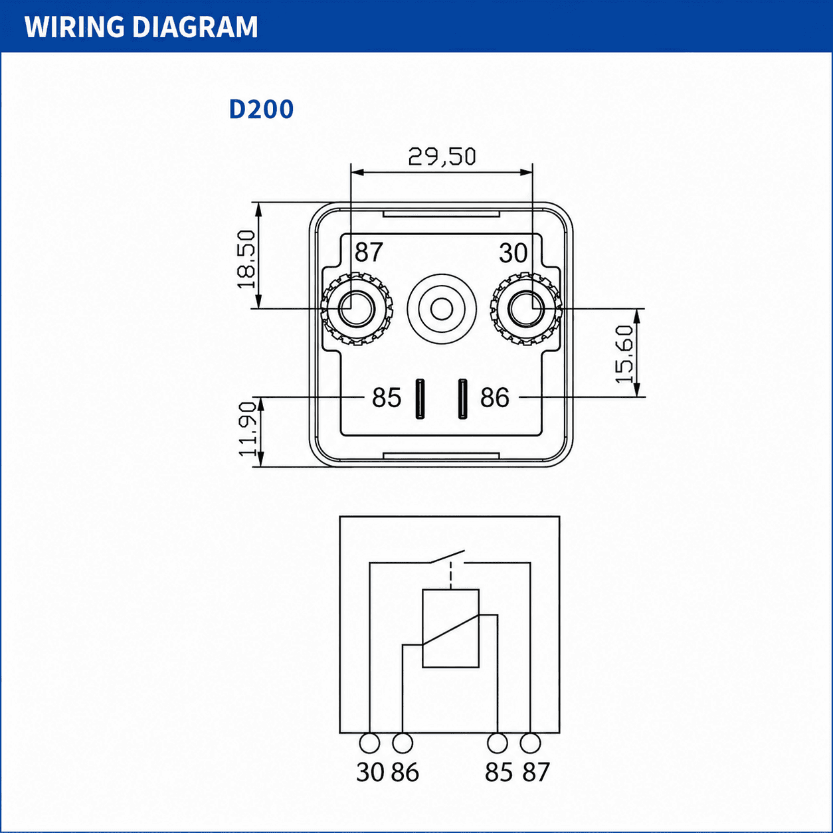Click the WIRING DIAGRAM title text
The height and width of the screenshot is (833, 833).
141,27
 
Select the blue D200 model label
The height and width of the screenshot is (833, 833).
261,109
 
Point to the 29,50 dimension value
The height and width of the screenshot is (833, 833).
442,157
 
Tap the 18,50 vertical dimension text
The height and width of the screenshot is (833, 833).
246,259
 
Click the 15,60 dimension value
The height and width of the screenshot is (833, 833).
624,355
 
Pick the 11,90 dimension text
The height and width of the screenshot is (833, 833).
248,429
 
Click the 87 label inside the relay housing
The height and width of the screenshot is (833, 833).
369,252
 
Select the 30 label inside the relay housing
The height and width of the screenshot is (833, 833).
513,253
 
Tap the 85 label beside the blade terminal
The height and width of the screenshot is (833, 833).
387,398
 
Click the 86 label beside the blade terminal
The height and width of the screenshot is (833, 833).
495,398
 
